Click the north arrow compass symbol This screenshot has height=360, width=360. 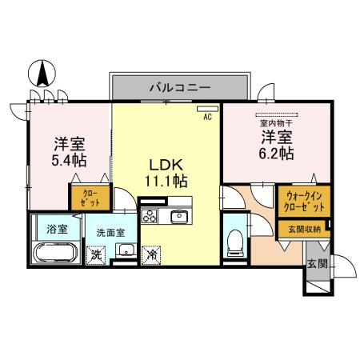40,77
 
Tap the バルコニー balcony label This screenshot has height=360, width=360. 180,86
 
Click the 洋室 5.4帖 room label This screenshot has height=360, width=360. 69,152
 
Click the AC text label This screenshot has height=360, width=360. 206,117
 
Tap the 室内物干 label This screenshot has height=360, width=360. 274,123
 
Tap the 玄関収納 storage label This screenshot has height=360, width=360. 304,229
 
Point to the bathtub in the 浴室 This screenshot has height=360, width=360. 55,256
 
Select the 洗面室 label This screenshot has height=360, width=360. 110,232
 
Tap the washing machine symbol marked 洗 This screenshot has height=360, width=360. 96,256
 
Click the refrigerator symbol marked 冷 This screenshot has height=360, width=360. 150,256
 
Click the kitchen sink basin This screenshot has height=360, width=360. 179,215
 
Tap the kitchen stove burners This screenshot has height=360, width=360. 150,215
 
